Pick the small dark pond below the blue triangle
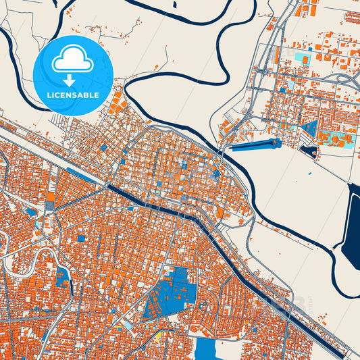(x=309, y=151)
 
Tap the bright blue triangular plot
(x=311, y=128)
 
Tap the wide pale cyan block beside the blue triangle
(x=336, y=140)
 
